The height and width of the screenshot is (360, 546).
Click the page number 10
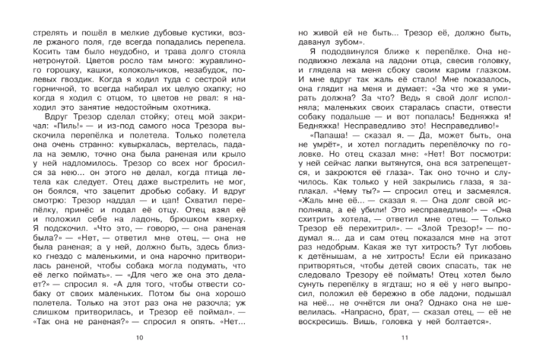(138, 337)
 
